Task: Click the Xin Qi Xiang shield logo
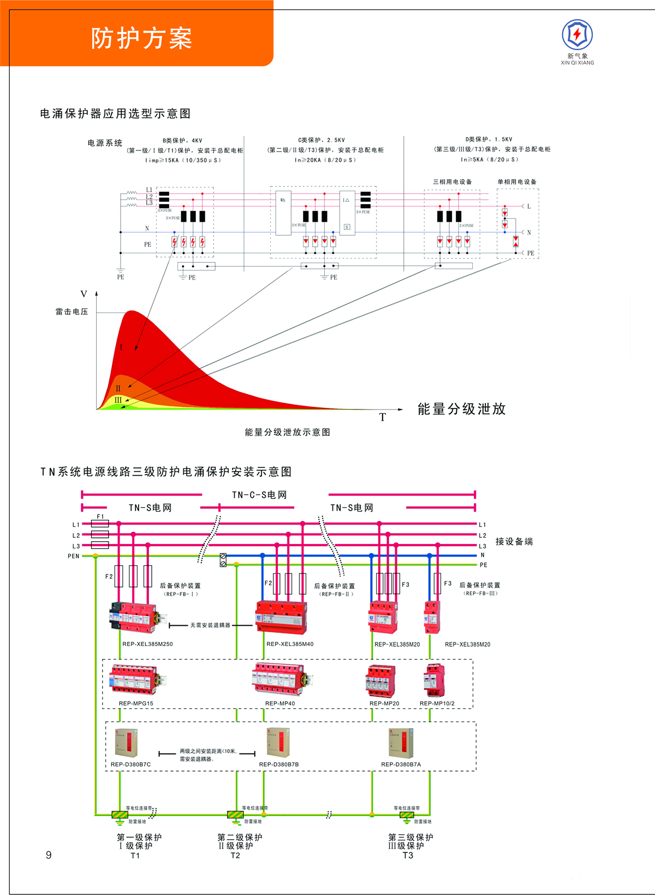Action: click(x=577, y=35)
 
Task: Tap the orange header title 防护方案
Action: click(x=141, y=38)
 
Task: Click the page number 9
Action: click(x=49, y=855)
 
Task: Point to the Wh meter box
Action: click(x=283, y=213)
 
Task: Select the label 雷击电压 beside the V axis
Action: click(x=72, y=312)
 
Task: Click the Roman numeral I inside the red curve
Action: click(x=121, y=347)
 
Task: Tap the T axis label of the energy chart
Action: click(x=383, y=418)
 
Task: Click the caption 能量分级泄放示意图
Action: click(x=287, y=432)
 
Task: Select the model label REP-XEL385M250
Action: click(x=147, y=644)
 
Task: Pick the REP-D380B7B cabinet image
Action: click(x=278, y=742)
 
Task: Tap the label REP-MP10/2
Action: click(x=437, y=703)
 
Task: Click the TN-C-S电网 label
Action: click(x=259, y=495)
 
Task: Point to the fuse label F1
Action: click(x=100, y=517)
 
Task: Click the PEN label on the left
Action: click(x=73, y=556)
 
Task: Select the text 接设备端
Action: click(x=514, y=542)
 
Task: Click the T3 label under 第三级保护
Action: click(x=408, y=856)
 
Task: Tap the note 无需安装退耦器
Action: click(x=210, y=625)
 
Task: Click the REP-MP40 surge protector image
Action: click(x=282, y=679)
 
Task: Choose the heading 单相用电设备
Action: click(x=516, y=182)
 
